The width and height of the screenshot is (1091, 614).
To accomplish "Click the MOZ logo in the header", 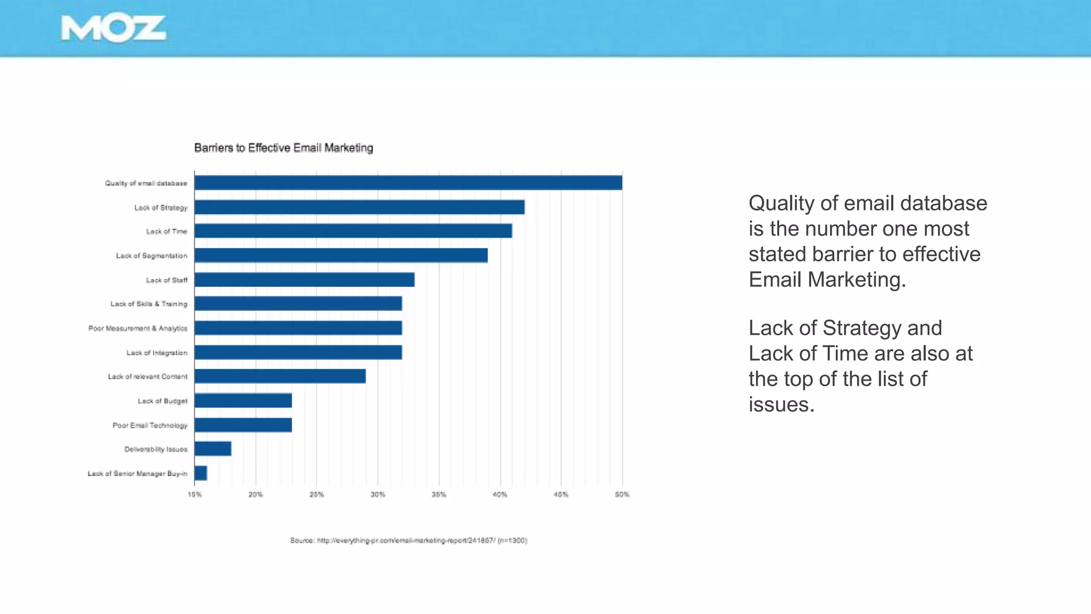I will pyautogui.click(x=113, y=29).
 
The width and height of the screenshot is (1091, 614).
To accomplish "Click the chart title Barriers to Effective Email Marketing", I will pyautogui.click(x=283, y=148).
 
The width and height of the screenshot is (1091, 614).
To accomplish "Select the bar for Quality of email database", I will pyautogui.click(x=408, y=183).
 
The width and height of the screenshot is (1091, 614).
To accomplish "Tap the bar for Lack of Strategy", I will pyautogui.click(x=360, y=207).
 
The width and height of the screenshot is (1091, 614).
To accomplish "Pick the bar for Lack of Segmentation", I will pyautogui.click(x=341, y=255).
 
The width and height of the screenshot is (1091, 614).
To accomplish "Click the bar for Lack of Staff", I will pyautogui.click(x=304, y=280).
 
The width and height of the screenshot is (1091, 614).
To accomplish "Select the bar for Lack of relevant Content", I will pyautogui.click(x=280, y=376).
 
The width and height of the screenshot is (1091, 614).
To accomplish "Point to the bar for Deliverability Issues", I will pyautogui.click(x=213, y=449).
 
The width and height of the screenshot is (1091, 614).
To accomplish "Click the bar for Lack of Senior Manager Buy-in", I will pyautogui.click(x=201, y=473).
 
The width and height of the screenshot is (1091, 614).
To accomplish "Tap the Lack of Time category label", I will pyautogui.click(x=167, y=231).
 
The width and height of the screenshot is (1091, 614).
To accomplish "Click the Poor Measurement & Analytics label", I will pyautogui.click(x=138, y=328).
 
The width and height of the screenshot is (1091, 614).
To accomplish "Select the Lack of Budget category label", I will pyautogui.click(x=162, y=401).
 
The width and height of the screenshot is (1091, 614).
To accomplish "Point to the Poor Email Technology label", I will pyautogui.click(x=150, y=425).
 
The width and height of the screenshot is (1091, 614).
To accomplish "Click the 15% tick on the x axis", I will pyautogui.click(x=194, y=495).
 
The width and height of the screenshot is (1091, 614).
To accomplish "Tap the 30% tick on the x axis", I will pyautogui.click(x=378, y=495).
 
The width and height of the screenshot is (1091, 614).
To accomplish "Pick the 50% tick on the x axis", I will pyautogui.click(x=622, y=495).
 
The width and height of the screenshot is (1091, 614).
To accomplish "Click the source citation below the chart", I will pyautogui.click(x=409, y=540).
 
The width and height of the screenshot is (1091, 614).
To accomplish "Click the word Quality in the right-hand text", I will pyautogui.click(x=781, y=204).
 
